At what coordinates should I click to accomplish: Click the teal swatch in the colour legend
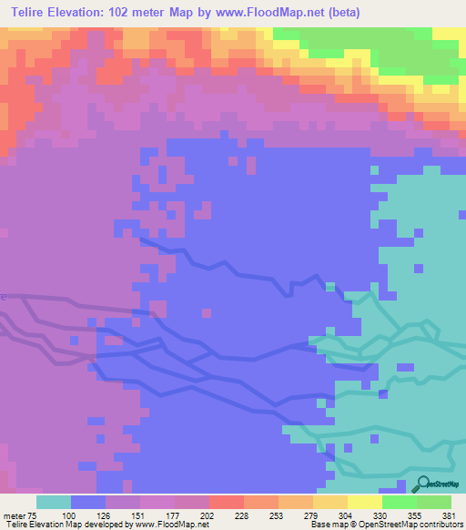point(54,502)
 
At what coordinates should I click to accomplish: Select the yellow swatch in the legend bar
point(365,502)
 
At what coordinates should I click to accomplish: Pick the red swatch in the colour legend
point(227,502)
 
